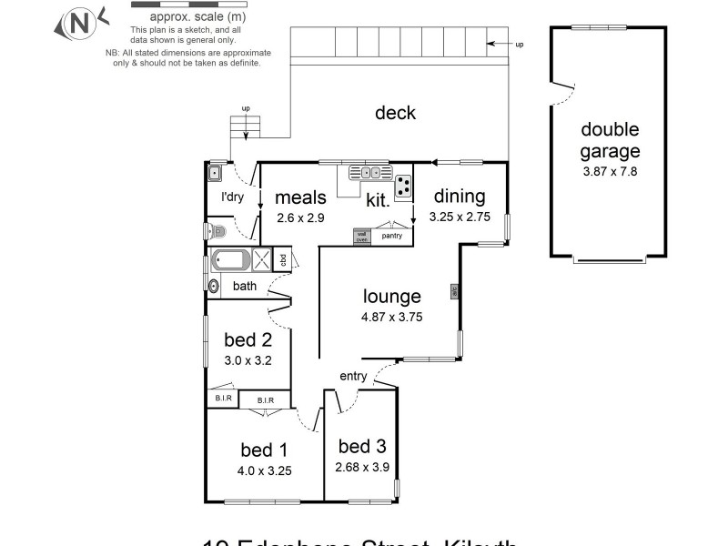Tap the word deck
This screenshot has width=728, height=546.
click(395, 113)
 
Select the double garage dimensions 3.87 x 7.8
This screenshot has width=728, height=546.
click(610, 170)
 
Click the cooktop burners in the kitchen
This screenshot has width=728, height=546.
click(402, 184)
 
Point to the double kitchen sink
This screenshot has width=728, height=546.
click(371, 173)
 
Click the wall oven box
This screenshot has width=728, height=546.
click(361, 236)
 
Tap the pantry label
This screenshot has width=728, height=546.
click(392, 235)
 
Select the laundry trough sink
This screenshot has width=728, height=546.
click(216, 173)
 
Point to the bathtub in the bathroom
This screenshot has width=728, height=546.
click(229, 260)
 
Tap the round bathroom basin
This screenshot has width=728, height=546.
click(214, 287)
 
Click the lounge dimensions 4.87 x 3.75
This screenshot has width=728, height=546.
click(391, 318)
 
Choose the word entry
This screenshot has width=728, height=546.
click(353, 376)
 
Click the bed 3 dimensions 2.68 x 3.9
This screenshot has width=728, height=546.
click(361, 468)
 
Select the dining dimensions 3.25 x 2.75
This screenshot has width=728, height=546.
click(459, 217)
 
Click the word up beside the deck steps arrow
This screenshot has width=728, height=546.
click(520, 44)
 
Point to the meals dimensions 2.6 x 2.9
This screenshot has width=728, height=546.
click(299, 217)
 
